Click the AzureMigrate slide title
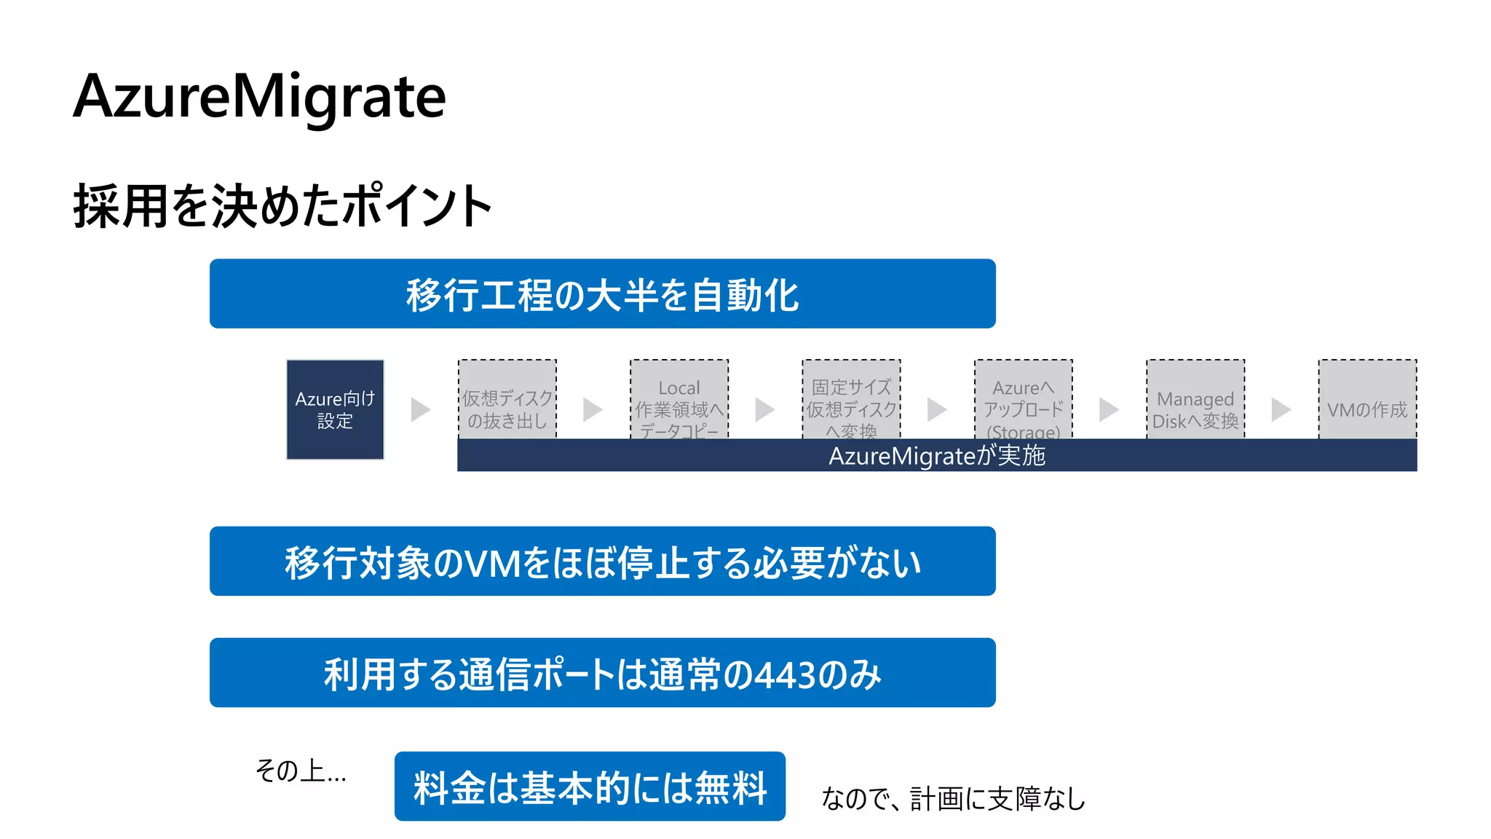(x=259, y=97)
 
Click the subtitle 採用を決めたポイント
(x=282, y=207)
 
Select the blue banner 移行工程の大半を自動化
(x=602, y=294)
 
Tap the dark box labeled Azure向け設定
(x=335, y=409)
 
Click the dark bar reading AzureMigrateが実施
(x=937, y=456)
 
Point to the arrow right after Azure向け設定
(x=420, y=409)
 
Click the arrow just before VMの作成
(x=1281, y=409)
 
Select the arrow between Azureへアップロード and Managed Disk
(x=1108, y=409)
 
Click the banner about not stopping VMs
(x=602, y=562)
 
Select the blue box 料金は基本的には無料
(x=590, y=787)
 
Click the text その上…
(x=300, y=771)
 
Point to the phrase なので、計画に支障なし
(x=953, y=799)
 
